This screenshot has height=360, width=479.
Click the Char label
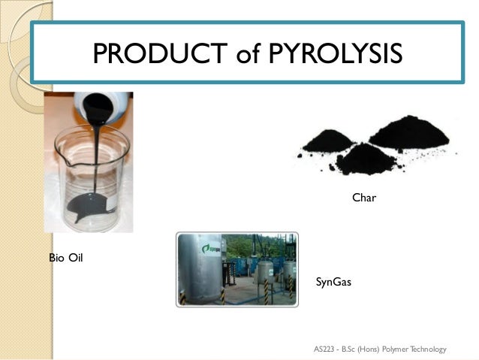click(x=363, y=198)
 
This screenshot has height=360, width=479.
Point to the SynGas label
click(x=333, y=283)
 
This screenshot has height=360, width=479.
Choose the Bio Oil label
click(x=65, y=259)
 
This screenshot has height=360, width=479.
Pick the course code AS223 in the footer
click(x=326, y=349)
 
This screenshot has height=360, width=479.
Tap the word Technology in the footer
click(x=429, y=349)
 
